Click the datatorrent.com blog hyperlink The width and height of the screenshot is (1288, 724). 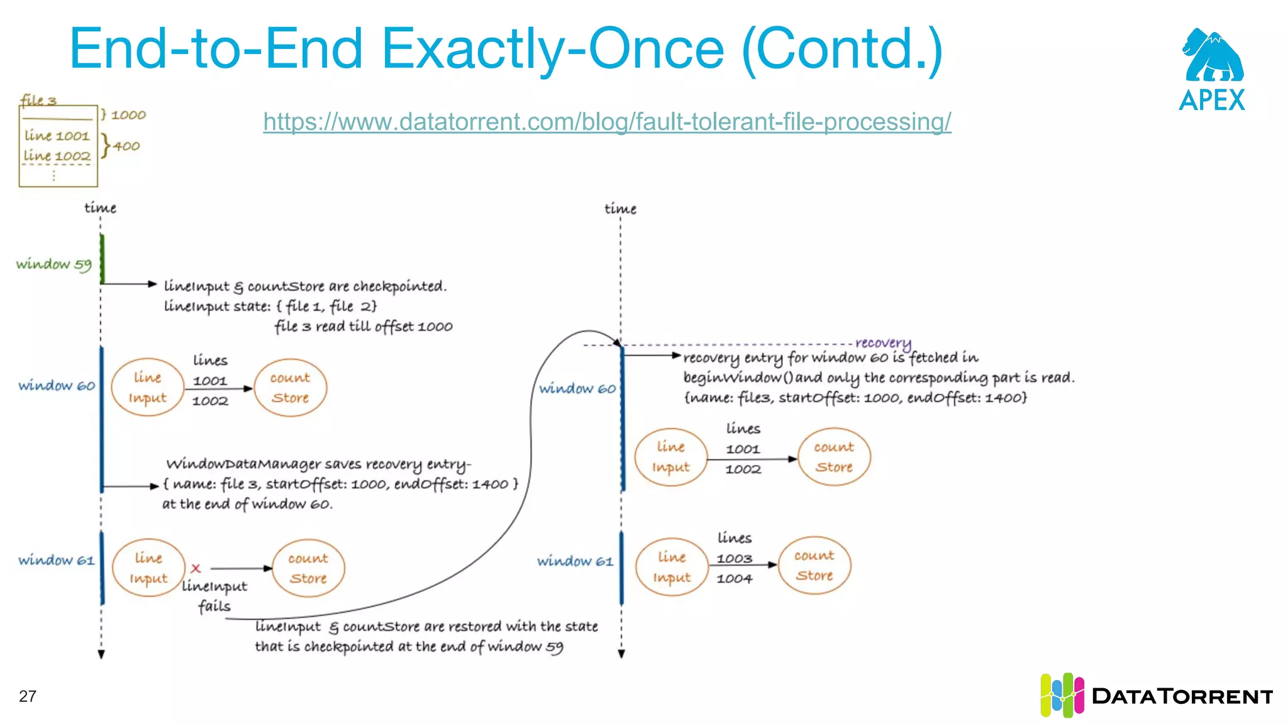point(607,121)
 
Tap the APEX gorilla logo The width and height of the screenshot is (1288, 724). point(1212,57)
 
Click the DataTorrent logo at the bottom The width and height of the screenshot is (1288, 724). point(1156,696)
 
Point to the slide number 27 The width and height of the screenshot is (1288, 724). point(28,696)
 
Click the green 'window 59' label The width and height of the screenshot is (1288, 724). point(53,264)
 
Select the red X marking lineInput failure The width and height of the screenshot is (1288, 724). point(196,568)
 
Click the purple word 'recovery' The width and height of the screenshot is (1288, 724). point(882,343)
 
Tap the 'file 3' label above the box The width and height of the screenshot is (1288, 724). point(38,100)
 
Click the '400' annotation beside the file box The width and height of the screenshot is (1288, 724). point(126,146)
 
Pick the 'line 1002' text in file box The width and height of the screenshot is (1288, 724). point(57,155)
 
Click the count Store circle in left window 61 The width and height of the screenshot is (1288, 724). point(308,568)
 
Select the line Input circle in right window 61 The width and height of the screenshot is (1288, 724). point(671,567)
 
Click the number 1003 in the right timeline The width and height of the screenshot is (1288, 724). point(734,559)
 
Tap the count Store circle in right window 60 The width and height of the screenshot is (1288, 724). point(834,457)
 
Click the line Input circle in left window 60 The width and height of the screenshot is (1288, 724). point(148,387)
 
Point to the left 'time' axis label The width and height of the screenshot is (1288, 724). point(101,208)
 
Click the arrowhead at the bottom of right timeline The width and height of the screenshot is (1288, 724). point(621,654)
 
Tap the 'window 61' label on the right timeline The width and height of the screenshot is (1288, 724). point(575,561)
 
